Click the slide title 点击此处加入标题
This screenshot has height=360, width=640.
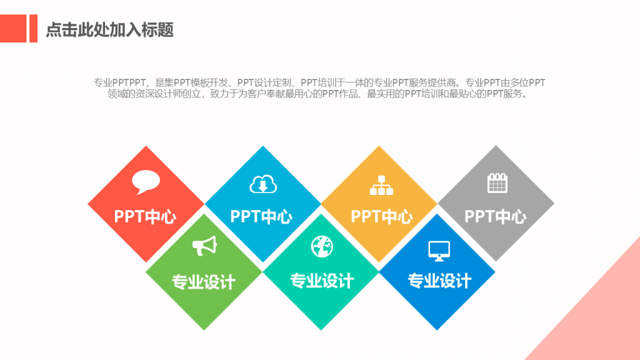pos(110,30)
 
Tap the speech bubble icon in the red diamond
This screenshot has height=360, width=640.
pos(146,182)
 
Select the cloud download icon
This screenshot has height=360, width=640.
pos(263,184)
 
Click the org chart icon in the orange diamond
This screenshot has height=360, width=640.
pos(381,185)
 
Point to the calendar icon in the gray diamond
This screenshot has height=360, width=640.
pos(497,183)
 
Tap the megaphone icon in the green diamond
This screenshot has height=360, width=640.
pos(204,246)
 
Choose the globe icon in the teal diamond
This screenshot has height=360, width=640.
pos(322,246)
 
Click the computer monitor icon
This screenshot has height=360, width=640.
pos(439,251)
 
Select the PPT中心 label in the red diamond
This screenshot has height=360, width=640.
pos(145,217)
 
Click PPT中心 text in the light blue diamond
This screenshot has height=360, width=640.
pos(261,217)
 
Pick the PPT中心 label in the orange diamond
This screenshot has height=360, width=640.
pos(382,217)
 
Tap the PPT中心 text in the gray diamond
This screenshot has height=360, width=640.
pos(496,217)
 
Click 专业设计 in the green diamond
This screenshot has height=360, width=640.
pos(204,282)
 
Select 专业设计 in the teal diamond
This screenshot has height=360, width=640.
pos(322,281)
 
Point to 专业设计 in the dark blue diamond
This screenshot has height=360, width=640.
pos(439,281)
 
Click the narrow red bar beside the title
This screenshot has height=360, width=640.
pos(34,29)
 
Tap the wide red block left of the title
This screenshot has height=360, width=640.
pos(13,29)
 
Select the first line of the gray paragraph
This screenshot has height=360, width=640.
pos(319,83)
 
